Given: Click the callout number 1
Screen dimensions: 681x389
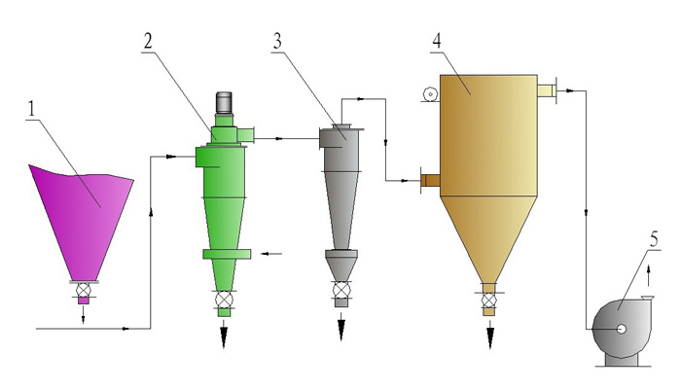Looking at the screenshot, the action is pos(31,109).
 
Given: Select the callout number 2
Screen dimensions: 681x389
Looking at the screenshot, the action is pos(148,41).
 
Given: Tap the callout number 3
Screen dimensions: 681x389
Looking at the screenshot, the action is pos(277,41).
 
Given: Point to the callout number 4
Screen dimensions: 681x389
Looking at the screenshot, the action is pos(437,41).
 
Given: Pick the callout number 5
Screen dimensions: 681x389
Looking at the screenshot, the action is pos(654,239).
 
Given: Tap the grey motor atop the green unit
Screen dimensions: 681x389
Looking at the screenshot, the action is pos(224,103).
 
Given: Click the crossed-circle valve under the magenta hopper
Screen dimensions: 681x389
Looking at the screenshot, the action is pos(83,290).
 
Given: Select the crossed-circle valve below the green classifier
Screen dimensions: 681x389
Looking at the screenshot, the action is pos(224,300).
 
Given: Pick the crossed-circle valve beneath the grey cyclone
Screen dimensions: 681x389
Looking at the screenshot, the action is pos(341,289).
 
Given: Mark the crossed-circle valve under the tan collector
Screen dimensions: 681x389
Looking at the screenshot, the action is pos(489,300).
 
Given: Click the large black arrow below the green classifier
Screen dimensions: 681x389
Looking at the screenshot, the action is pos(224,334).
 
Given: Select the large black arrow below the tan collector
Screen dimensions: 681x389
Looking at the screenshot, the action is pos(490,335).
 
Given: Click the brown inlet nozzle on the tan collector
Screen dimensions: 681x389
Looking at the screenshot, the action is pos(430,181).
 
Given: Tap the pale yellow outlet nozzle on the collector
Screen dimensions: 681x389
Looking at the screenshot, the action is pos(547,90).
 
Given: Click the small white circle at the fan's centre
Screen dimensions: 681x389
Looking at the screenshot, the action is pos(622,329).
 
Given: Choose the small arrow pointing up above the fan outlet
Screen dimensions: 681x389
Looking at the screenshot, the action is pos(649,275).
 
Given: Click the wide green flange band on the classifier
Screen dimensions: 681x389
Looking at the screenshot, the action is pos(227,254).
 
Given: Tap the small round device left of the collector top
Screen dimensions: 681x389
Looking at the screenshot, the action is pos(430,93).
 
